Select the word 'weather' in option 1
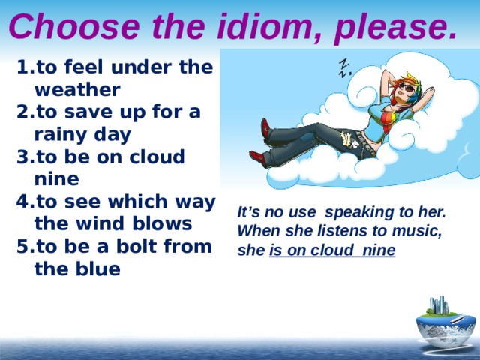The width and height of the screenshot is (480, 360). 76,90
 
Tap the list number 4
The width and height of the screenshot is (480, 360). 22,202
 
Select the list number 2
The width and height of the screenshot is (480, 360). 22,112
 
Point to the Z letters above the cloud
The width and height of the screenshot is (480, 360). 344,67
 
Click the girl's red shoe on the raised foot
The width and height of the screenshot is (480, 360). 265,129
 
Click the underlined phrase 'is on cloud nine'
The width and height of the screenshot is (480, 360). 332,250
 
